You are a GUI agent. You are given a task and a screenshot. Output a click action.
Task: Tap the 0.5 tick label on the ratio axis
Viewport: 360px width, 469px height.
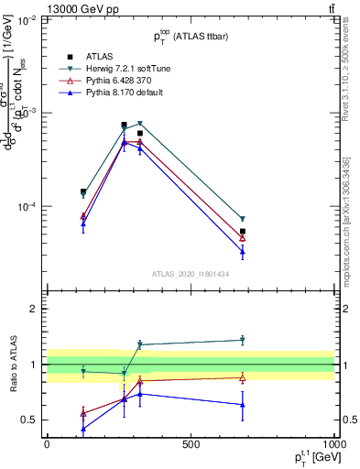29,420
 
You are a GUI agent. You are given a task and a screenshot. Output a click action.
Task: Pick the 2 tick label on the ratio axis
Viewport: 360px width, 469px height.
35,309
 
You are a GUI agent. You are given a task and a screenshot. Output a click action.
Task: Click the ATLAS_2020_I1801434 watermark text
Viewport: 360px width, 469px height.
190,274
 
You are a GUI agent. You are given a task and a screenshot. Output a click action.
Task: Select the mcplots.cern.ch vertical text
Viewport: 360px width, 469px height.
351,229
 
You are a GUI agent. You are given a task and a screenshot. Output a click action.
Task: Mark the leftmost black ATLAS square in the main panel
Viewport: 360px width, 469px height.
83,192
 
